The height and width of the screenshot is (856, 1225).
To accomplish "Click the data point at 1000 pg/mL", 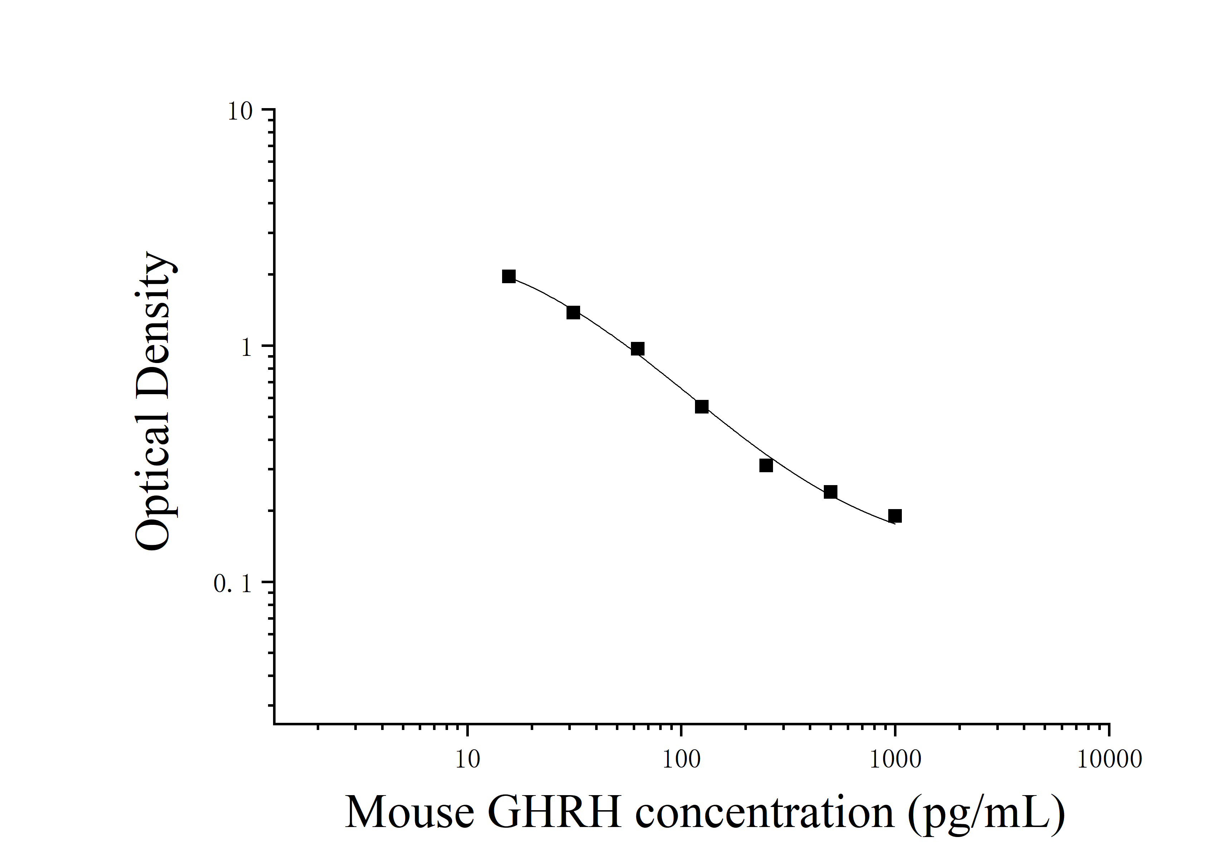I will click(x=895, y=516).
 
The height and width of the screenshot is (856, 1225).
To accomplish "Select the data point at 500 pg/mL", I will click(x=830, y=492).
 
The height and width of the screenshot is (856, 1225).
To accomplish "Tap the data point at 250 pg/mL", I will click(x=766, y=465).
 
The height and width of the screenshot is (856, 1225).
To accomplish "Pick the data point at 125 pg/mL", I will click(x=701, y=407).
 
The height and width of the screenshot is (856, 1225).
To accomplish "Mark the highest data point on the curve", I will click(x=509, y=276).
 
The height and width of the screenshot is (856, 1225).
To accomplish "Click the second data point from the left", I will click(x=573, y=312).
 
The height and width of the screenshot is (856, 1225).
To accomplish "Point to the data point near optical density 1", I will click(x=637, y=349).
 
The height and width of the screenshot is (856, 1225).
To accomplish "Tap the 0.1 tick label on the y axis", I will click(x=232, y=584).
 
